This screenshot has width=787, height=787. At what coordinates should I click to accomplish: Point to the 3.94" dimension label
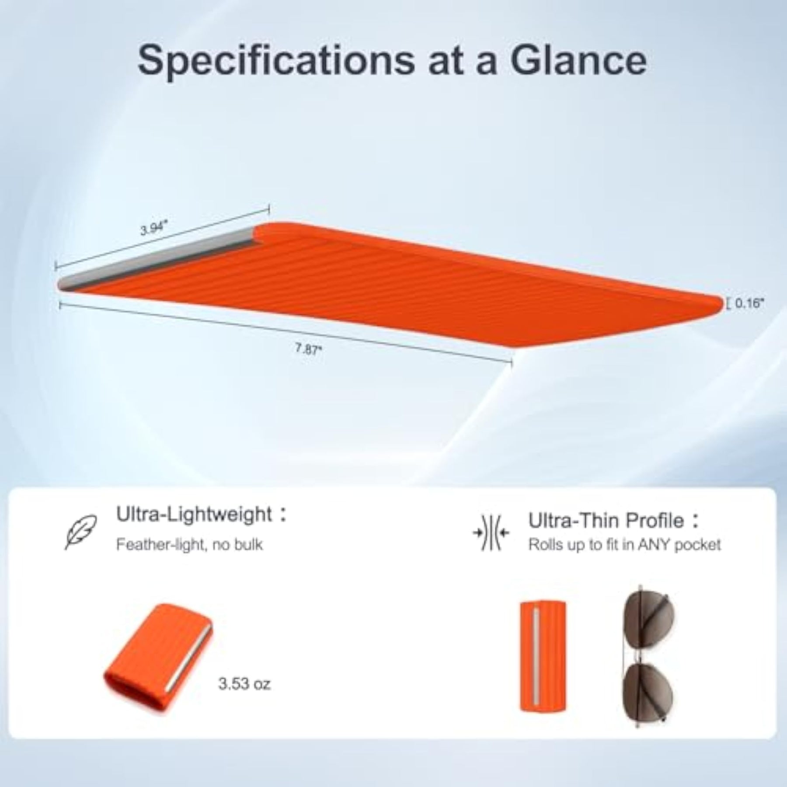coord(154,227)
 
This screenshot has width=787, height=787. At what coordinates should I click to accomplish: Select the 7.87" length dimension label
coord(308,349)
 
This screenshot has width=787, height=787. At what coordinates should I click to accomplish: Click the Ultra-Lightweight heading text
coord(194,514)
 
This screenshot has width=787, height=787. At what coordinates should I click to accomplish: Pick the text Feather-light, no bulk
coord(189,545)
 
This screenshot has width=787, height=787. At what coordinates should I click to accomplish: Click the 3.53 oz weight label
coord(244,683)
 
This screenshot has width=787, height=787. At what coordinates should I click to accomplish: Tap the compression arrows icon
coord(491,533)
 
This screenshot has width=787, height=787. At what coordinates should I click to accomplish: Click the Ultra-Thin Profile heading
coord(606,520)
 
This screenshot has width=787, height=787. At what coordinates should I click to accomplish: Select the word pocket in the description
coord(697,545)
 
